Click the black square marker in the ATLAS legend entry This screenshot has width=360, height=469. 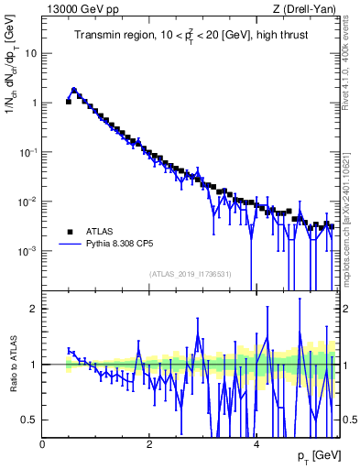tap(69, 232)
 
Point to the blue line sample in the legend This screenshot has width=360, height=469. tap(69, 245)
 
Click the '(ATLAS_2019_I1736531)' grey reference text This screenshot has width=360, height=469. tap(191, 273)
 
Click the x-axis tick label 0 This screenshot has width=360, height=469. tap(43, 444)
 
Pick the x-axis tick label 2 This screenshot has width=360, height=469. tap(150, 444)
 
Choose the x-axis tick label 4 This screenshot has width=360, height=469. tap(256, 444)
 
